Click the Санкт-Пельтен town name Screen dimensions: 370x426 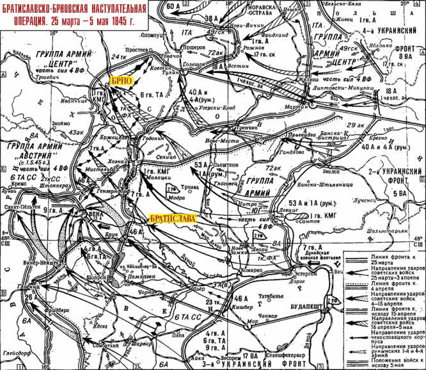coord(22,207)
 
